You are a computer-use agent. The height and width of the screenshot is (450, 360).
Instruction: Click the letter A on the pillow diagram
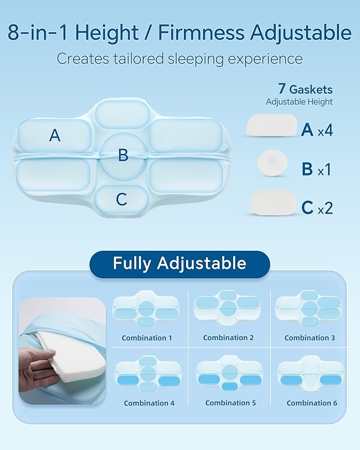[x=55, y=136]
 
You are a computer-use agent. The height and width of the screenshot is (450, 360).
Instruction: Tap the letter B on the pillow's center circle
[x=123, y=155]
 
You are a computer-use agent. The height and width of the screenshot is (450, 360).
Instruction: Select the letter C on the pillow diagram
[x=121, y=199]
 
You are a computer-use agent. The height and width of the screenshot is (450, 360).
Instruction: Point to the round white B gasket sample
[x=271, y=163]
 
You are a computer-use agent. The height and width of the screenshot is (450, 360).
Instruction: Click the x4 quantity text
[x=325, y=130]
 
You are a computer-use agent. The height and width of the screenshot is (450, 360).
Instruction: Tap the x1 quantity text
[x=324, y=170]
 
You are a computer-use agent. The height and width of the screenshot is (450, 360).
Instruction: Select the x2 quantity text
[x=325, y=208]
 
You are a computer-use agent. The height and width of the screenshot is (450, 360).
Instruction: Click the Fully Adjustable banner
[x=179, y=263]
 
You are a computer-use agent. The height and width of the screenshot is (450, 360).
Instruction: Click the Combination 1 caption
[x=146, y=338]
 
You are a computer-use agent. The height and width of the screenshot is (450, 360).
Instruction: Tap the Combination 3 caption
[x=310, y=338]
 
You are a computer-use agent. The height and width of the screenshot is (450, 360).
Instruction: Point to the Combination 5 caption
[x=230, y=403]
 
